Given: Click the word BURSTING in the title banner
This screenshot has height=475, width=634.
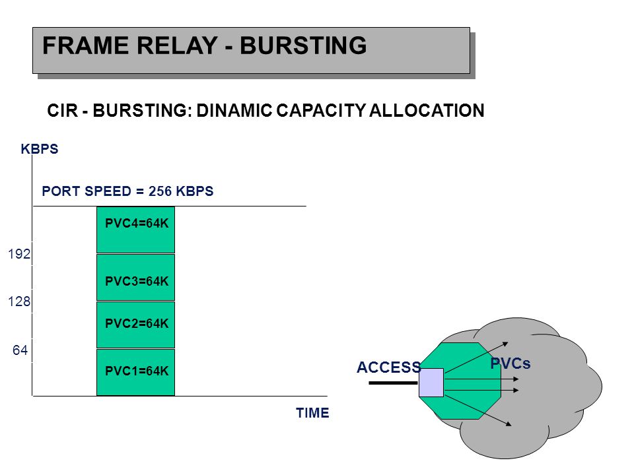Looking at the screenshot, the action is click(x=303, y=46).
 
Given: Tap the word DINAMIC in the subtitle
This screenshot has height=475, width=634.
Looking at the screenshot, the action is click(x=234, y=111).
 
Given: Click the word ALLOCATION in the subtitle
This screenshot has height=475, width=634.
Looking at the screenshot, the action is click(x=427, y=111).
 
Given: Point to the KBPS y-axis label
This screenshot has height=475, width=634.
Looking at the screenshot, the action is click(x=40, y=149).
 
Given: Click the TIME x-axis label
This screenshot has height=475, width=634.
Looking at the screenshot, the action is click(x=312, y=413).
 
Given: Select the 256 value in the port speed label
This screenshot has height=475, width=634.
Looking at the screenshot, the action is click(x=160, y=191).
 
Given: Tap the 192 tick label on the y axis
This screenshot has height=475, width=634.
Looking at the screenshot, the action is click(x=19, y=254).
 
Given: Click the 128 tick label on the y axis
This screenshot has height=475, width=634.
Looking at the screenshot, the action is click(x=19, y=301).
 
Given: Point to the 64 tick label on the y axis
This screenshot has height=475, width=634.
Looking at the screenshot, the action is click(x=20, y=350).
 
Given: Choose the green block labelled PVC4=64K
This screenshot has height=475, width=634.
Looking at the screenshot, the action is click(x=136, y=230).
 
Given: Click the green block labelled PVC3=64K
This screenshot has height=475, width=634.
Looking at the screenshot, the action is click(x=136, y=278).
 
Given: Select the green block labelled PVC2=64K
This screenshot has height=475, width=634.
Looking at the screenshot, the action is click(x=136, y=325).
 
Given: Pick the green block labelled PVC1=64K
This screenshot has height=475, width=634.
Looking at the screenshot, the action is click(x=136, y=372).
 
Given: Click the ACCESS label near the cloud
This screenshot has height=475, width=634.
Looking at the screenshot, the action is click(x=389, y=367).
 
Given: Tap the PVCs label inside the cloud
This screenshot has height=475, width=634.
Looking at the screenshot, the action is click(x=511, y=364).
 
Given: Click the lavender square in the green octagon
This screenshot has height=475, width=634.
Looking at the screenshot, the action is click(x=431, y=383).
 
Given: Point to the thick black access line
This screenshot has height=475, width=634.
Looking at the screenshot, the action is click(x=393, y=383).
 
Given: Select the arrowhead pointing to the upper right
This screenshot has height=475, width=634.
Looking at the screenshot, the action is click(x=505, y=344).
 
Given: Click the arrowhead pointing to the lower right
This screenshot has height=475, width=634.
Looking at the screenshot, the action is click(x=509, y=424).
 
